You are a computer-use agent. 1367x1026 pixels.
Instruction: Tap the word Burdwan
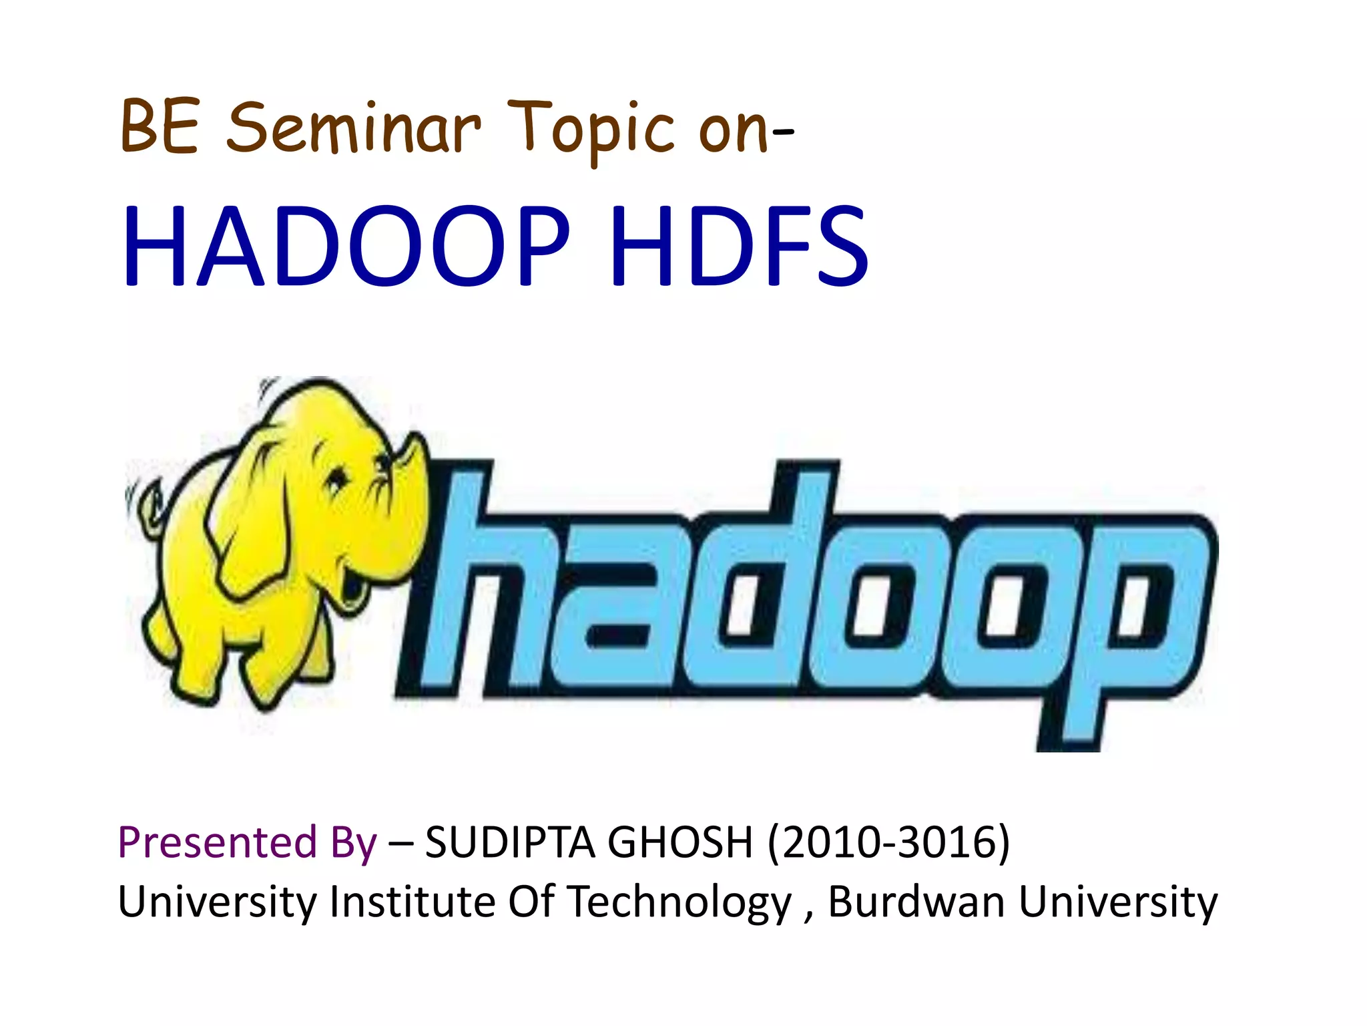point(916,902)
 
